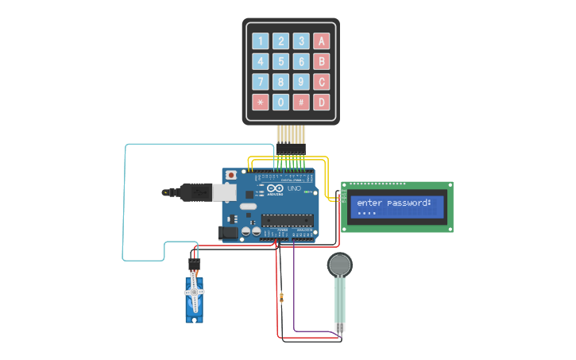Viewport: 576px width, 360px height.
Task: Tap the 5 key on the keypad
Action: pyautogui.click(x=280, y=61)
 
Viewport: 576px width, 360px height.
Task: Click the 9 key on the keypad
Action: pyautogui.click(x=301, y=81)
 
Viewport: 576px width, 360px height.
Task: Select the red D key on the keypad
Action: pyautogui.click(x=321, y=102)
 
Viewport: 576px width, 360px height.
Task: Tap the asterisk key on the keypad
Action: pyautogui.click(x=260, y=102)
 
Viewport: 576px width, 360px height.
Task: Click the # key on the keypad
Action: pyautogui.click(x=301, y=102)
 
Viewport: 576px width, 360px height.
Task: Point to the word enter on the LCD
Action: pyautogui.click(x=369, y=203)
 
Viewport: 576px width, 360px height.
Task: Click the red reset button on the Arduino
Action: pyautogui.click(x=231, y=175)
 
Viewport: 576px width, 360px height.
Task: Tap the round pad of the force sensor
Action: pyautogui.click(x=340, y=264)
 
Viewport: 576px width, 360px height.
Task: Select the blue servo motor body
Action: pyautogui.click(x=194, y=298)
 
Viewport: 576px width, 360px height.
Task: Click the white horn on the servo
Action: pyautogui.click(x=194, y=292)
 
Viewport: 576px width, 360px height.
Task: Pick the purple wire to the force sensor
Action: pyautogui.click(x=295, y=302)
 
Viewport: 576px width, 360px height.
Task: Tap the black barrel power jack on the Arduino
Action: pyautogui.click(x=228, y=232)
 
